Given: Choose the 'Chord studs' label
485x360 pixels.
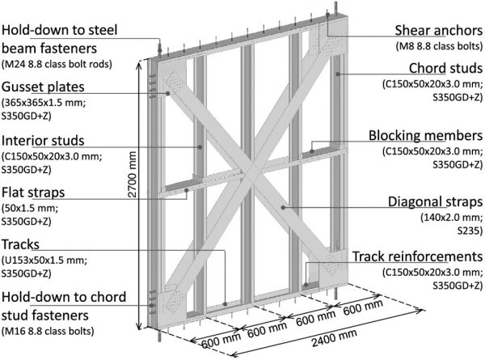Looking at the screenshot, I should click(445, 66).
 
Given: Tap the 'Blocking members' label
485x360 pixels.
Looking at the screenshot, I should click(428, 135).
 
